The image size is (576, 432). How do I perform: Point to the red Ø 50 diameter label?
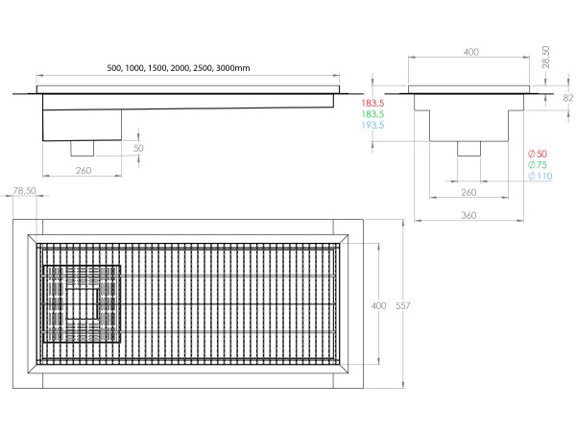tap(538, 155)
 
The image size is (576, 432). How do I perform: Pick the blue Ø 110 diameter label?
tap(540, 178)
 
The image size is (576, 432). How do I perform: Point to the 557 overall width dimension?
tap(403, 305)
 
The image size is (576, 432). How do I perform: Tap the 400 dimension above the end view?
tap(470, 53)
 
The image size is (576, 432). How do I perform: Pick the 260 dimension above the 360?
tap(469, 192)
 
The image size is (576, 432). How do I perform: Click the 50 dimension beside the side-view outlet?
tap(138, 149)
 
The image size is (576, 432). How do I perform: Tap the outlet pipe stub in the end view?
tap(469, 149)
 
